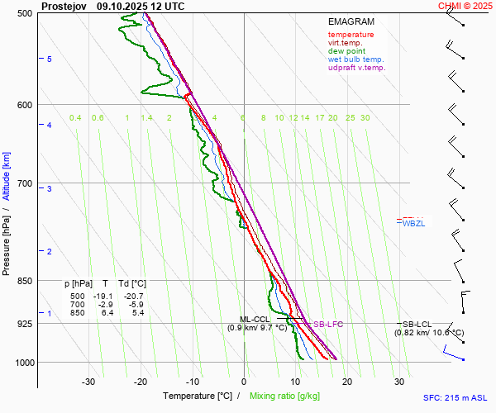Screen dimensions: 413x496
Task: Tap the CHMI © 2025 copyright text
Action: coord(465,5)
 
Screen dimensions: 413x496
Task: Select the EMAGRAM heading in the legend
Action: coord(351,21)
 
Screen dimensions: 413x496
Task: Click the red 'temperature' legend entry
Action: coord(351,35)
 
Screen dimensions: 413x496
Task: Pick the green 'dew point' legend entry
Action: coord(346,51)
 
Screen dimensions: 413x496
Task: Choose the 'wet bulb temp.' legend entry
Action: coord(355,59)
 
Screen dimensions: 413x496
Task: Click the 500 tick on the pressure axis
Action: coord(25,13)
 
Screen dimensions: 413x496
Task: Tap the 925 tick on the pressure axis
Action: coord(25,324)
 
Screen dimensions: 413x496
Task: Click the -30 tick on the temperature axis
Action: coord(88,382)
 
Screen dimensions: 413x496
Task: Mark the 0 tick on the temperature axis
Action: coord(244,382)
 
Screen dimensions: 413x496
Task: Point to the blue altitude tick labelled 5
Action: coord(50,59)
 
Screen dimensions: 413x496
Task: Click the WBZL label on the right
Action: coord(413,224)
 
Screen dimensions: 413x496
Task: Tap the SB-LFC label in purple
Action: coord(327,325)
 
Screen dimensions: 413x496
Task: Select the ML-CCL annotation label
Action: coord(255,320)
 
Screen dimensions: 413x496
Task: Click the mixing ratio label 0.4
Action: coord(75,118)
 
